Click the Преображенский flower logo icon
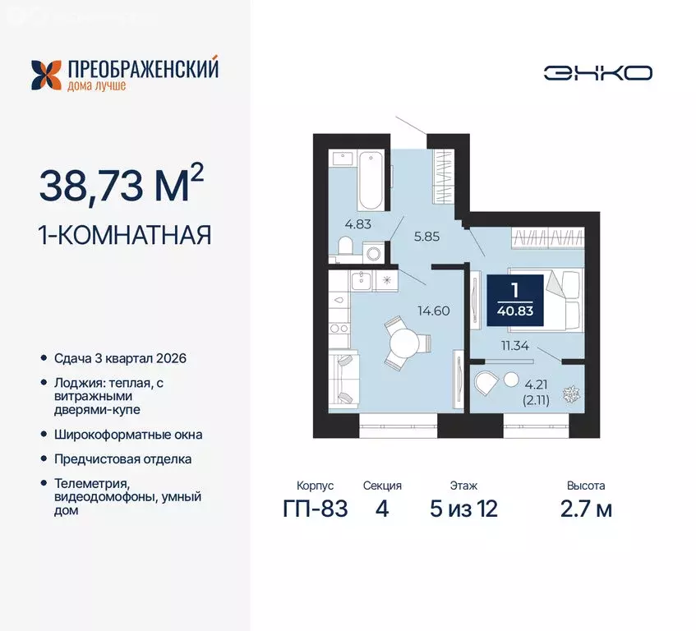click(47, 74)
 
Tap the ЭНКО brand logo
click(597, 72)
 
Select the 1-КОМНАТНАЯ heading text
click(125, 235)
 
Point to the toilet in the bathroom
click(347, 246)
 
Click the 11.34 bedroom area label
click(514, 346)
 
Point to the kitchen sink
click(362, 281)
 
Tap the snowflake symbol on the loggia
click(569, 395)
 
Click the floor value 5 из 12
click(463, 509)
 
